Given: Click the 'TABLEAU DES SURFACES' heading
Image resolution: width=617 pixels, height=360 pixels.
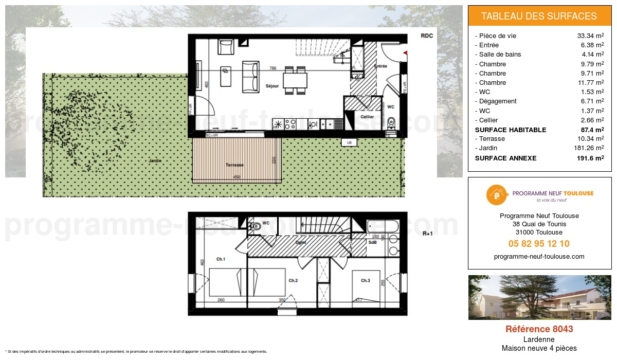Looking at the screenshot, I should [539, 16].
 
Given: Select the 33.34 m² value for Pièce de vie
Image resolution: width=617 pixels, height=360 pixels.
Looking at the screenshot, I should [590, 36].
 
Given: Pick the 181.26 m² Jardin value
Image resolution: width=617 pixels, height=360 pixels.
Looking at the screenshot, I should [589, 148].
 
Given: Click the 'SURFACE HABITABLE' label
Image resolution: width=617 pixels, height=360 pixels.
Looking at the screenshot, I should [510, 130].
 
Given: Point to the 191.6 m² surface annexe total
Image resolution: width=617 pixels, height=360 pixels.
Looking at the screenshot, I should [590, 158].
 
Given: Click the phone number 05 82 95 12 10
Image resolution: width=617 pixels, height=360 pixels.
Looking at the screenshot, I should [539, 244].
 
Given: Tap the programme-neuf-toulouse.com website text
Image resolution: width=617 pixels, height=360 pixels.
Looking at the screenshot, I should [539, 257].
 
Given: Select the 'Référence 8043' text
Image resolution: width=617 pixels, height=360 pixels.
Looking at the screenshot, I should [539, 329].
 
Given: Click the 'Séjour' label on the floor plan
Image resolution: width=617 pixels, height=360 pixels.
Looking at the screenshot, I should [272, 86].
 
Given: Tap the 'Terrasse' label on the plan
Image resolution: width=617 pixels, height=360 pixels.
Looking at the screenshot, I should [234, 165].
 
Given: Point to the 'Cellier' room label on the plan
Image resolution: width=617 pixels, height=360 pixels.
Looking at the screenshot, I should [367, 117].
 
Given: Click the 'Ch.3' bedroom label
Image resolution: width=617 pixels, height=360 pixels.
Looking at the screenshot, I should [365, 281].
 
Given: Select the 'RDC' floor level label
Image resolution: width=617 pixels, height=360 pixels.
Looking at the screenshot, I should [427, 36].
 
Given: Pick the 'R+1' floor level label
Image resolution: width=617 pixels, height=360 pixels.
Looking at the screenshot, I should [427, 233].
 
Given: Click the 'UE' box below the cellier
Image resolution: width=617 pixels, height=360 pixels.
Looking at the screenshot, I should [349, 142].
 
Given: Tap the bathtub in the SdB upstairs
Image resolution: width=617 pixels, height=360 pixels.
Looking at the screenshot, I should [382, 226].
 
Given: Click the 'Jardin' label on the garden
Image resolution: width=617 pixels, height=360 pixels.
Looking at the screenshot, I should [155, 161].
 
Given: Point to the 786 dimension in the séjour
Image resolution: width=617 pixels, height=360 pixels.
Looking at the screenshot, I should [273, 68].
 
